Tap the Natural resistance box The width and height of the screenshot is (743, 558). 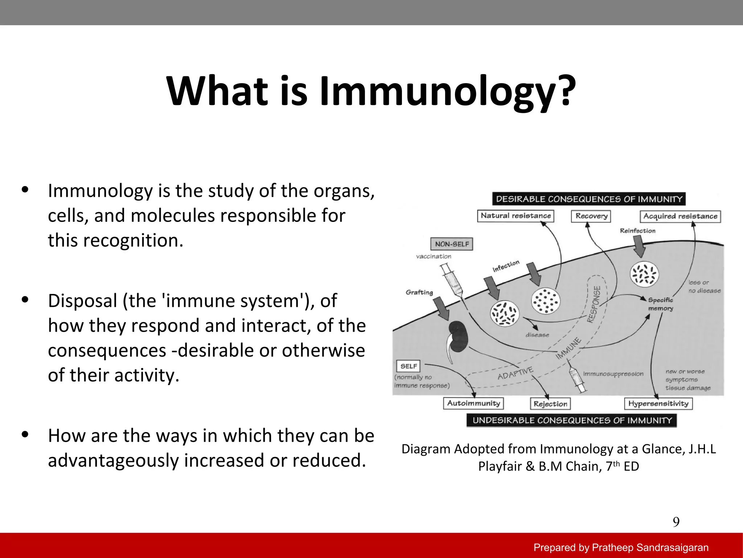pyautogui.click(x=516, y=216)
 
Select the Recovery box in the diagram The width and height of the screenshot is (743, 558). pyautogui.click(x=591, y=216)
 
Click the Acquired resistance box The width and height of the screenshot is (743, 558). pyautogui.click(x=680, y=217)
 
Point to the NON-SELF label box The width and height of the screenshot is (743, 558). pyautogui.click(x=452, y=244)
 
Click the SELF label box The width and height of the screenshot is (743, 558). pyautogui.click(x=409, y=366)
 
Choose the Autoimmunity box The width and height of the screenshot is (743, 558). pyautogui.click(x=473, y=403)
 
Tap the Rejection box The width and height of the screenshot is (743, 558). pyautogui.click(x=550, y=404)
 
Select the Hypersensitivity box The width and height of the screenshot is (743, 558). pyautogui.click(x=658, y=404)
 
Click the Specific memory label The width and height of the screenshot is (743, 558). pyautogui.click(x=661, y=304)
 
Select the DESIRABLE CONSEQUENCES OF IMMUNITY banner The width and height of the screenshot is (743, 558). pyautogui.click(x=588, y=199)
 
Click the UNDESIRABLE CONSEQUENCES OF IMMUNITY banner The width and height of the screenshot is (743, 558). pyautogui.click(x=572, y=420)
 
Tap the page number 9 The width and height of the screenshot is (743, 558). pyautogui.click(x=676, y=522)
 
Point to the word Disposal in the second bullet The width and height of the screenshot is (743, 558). pyautogui.click(x=83, y=301)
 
